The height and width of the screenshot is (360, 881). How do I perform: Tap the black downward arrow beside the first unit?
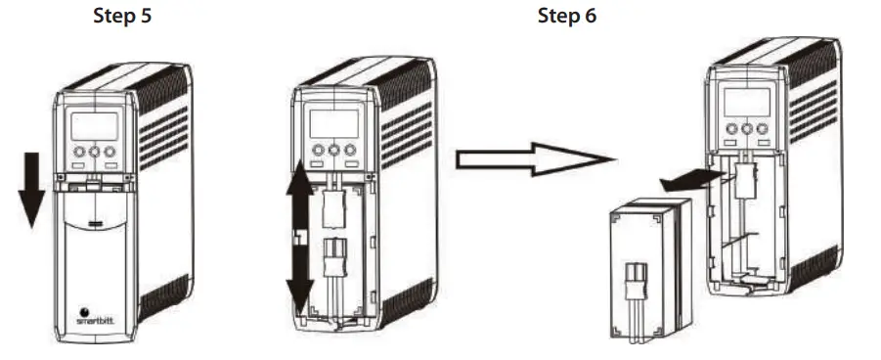click(32, 185)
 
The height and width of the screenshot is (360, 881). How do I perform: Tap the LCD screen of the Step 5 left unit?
click(95, 126)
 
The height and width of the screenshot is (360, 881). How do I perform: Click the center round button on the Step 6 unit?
click(746, 128)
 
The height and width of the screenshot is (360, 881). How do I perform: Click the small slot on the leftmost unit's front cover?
click(95, 225)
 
